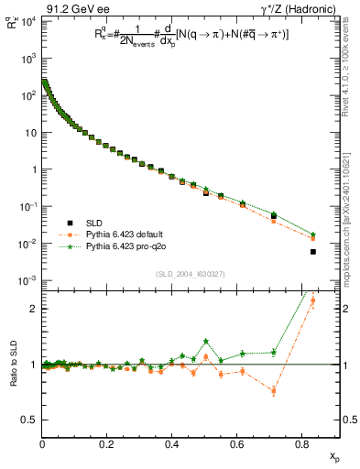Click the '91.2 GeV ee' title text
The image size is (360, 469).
[x=69, y=7]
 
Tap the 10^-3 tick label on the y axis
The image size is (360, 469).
[x=28, y=280]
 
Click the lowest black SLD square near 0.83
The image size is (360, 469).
[x=313, y=252]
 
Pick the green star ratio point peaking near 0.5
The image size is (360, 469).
[x=206, y=341]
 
